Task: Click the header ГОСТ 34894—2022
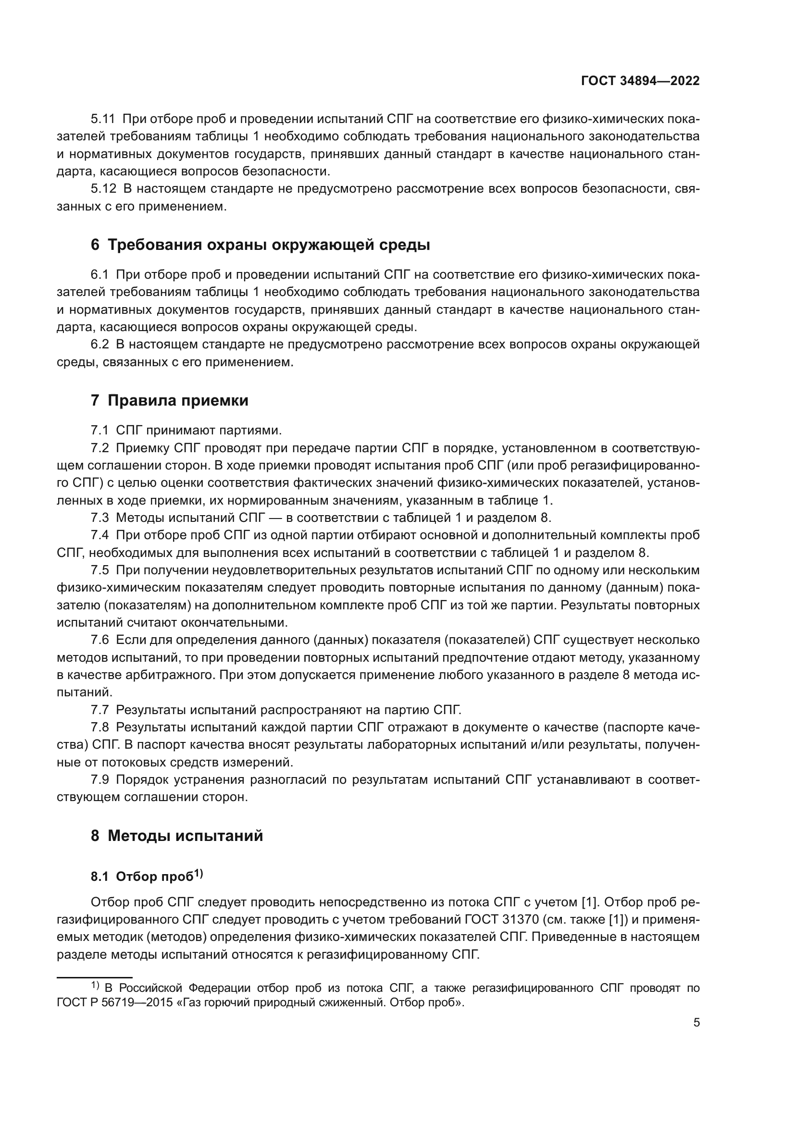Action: click(x=640, y=81)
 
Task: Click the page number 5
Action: click(x=696, y=1023)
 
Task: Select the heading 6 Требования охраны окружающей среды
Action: click(x=260, y=245)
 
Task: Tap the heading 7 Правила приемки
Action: click(x=169, y=400)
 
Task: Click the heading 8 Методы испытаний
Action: click(x=177, y=836)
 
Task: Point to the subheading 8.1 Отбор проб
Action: click(x=147, y=877)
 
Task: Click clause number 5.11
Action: click(x=103, y=119)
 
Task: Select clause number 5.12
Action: click(x=103, y=189)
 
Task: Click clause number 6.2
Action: click(x=100, y=345)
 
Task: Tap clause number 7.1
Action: click(x=99, y=431)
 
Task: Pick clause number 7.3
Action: click(x=99, y=518)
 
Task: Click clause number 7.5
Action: click(x=99, y=570)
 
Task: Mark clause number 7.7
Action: click(x=99, y=710)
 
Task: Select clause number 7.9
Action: click(x=99, y=780)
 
